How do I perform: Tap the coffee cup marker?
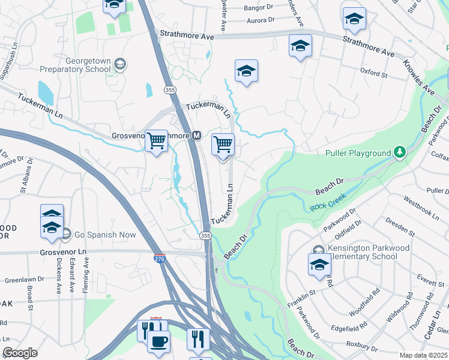click(x=158, y=341)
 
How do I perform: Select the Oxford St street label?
click(x=374, y=74)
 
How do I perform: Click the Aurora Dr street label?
click(x=260, y=20)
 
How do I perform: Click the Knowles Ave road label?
click(x=418, y=77)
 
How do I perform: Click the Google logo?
click(x=20, y=353)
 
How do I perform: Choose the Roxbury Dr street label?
click(x=361, y=344)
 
